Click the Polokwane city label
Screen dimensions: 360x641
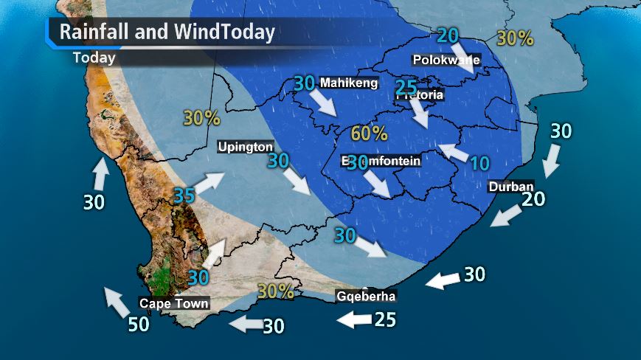coord(447,60)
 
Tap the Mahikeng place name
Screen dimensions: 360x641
coord(348,83)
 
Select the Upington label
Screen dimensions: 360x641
coord(246,148)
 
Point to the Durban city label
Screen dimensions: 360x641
coord(510,187)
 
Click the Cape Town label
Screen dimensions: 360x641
coord(174,303)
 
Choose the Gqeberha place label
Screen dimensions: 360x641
coord(366,297)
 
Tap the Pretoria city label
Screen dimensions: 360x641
coord(420,95)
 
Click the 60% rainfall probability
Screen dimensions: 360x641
coord(369,134)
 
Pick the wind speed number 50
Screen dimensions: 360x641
coord(138,324)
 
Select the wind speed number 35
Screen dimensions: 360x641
coord(184,195)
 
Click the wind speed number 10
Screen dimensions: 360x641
coord(479,163)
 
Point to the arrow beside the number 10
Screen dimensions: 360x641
coord(453,152)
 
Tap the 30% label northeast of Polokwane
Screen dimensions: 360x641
coord(515,38)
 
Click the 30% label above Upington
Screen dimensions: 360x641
coord(201,118)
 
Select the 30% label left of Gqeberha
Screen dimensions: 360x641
coord(275,291)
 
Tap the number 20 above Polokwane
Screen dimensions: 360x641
coord(447,35)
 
